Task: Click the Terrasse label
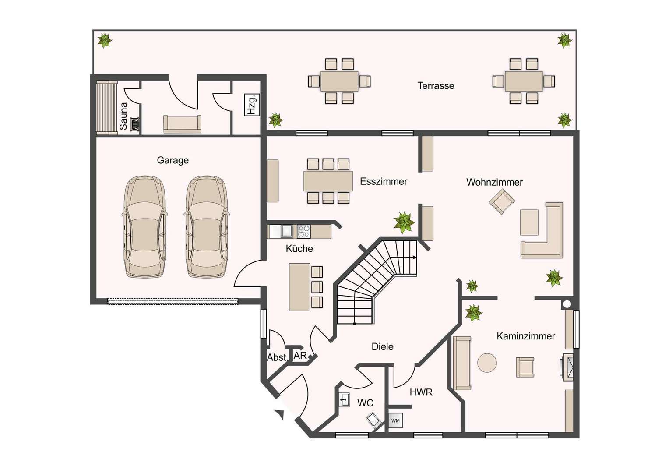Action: click(x=436, y=86)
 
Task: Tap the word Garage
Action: click(x=173, y=160)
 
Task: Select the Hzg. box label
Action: click(x=252, y=105)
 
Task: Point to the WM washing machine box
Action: click(x=395, y=421)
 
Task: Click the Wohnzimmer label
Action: click(x=495, y=182)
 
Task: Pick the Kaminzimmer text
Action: click(x=526, y=336)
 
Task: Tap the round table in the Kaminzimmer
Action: click(x=487, y=363)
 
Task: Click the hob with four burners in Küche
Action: click(x=304, y=232)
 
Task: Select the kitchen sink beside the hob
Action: click(x=286, y=231)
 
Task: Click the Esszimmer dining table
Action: click(x=328, y=181)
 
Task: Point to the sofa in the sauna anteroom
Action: click(x=182, y=124)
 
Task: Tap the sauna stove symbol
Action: click(x=135, y=124)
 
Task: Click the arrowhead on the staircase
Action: click(x=415, y=258)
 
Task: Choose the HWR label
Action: click(x=421, y=392)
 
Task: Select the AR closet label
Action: click(x=300, y=356)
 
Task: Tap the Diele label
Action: click(x=382, y=346)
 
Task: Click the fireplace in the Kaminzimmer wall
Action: click(x=567, y=367)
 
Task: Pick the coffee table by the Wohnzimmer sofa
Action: click(x=529, y=222)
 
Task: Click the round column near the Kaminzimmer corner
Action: click(x=567, y=304)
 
